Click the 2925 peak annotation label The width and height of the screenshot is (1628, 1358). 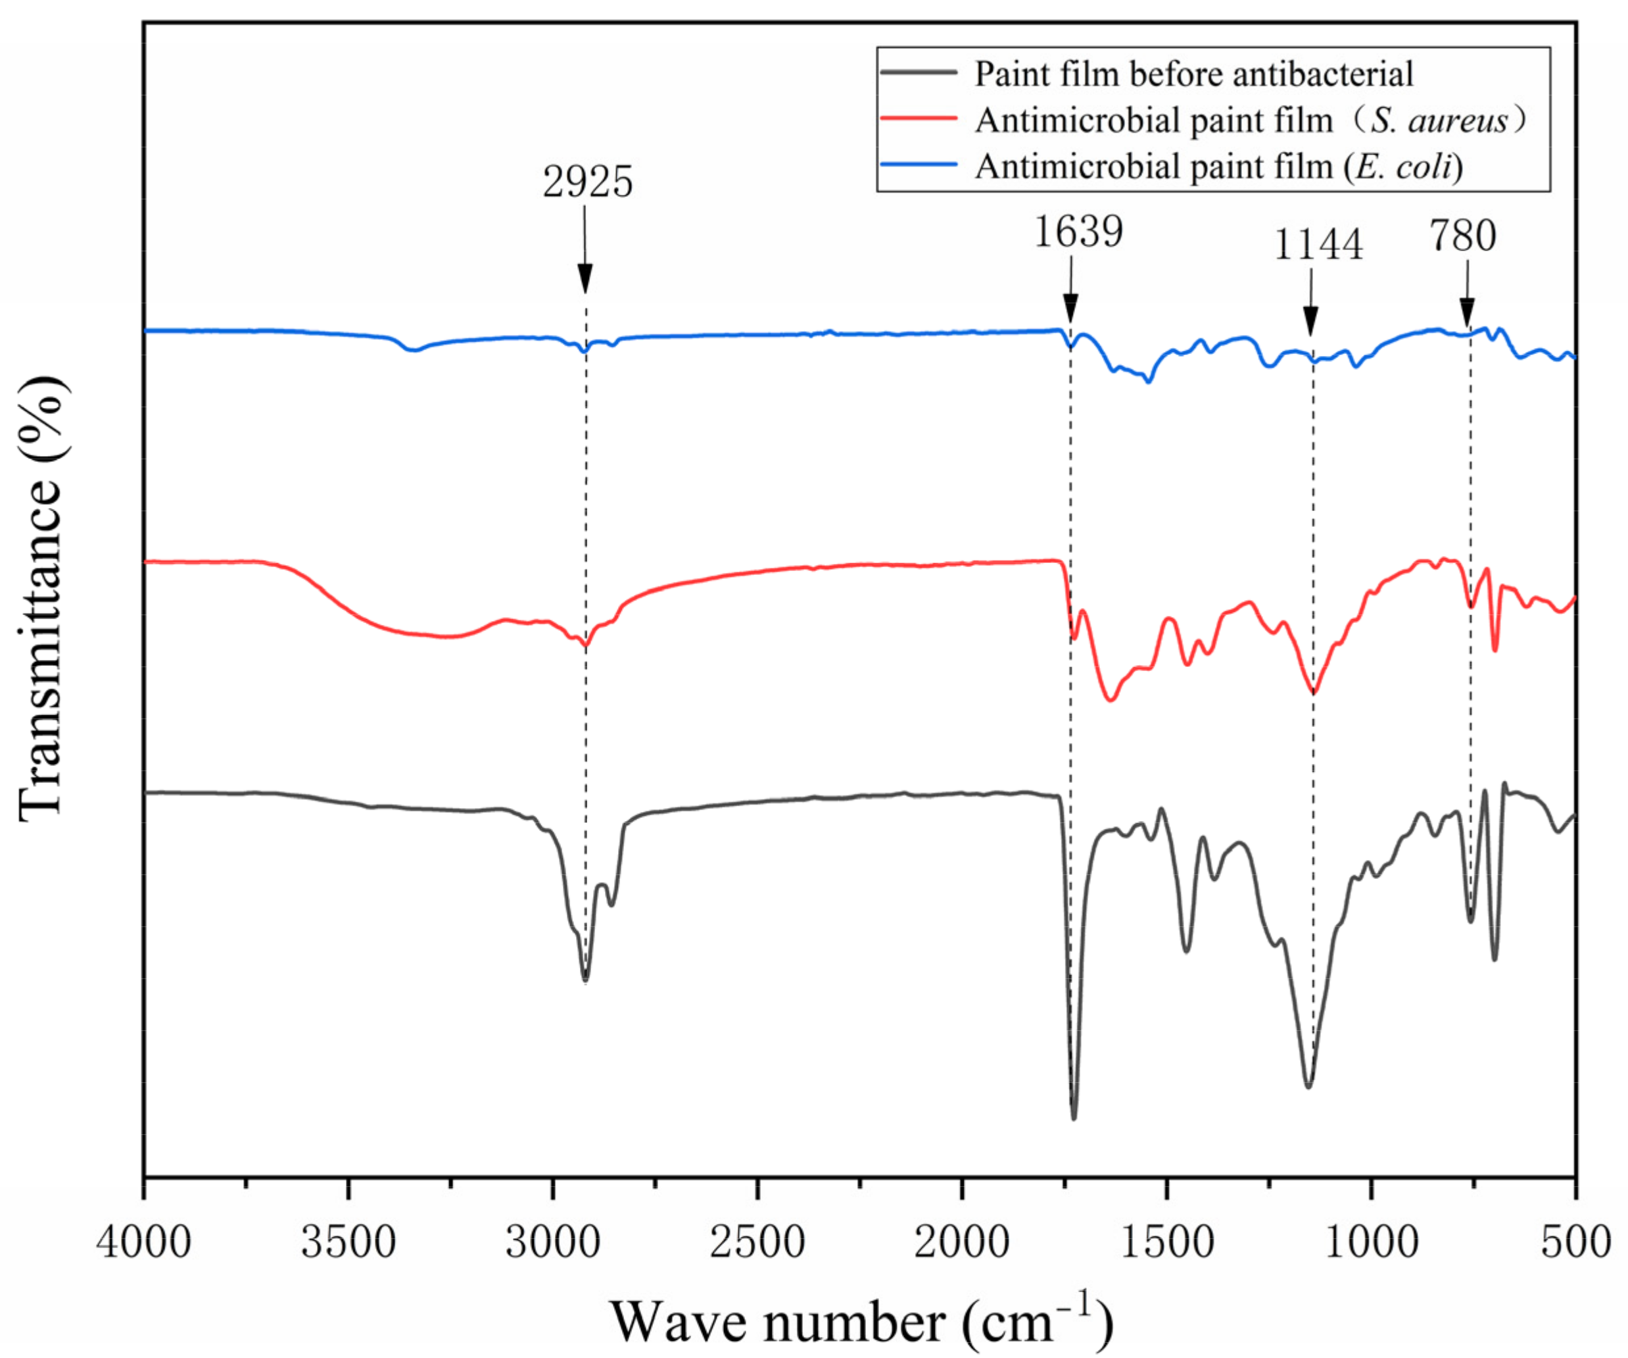tap(588, 182)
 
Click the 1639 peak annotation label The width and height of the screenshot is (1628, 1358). tap(1078, 231)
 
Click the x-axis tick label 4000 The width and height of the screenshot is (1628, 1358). tap(143, 1242)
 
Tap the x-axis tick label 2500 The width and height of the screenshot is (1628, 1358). tap(757, 1242)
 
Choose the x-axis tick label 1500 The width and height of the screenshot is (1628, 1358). tap(1166, 1242)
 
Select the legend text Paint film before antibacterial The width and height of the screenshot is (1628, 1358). tap(1194, 74)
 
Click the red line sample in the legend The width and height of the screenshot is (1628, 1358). tap(919, 118)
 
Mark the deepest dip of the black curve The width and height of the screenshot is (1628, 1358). tap(1074, 1117)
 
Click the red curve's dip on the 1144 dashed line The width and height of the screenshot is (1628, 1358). tap(1313, 692)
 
